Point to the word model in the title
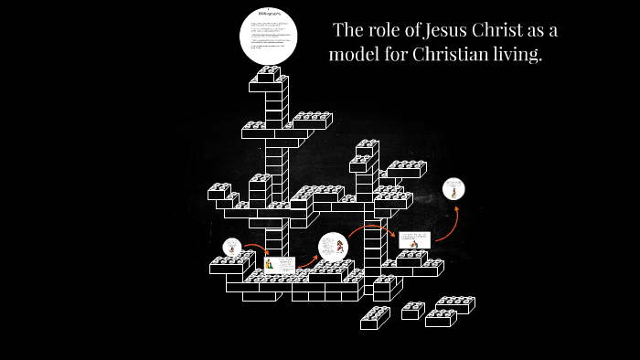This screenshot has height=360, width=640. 356,55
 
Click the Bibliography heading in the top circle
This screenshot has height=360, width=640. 269,15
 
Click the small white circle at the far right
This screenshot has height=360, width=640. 453,189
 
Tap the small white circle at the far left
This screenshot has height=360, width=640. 232,247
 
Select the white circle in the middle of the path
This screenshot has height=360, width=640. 333,247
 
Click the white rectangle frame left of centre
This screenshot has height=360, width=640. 280,263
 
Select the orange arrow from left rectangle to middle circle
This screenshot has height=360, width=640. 306,259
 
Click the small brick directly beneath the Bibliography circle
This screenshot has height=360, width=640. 269,74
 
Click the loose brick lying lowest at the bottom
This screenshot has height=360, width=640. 375,318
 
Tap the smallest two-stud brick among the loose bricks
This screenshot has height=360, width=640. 412,311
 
